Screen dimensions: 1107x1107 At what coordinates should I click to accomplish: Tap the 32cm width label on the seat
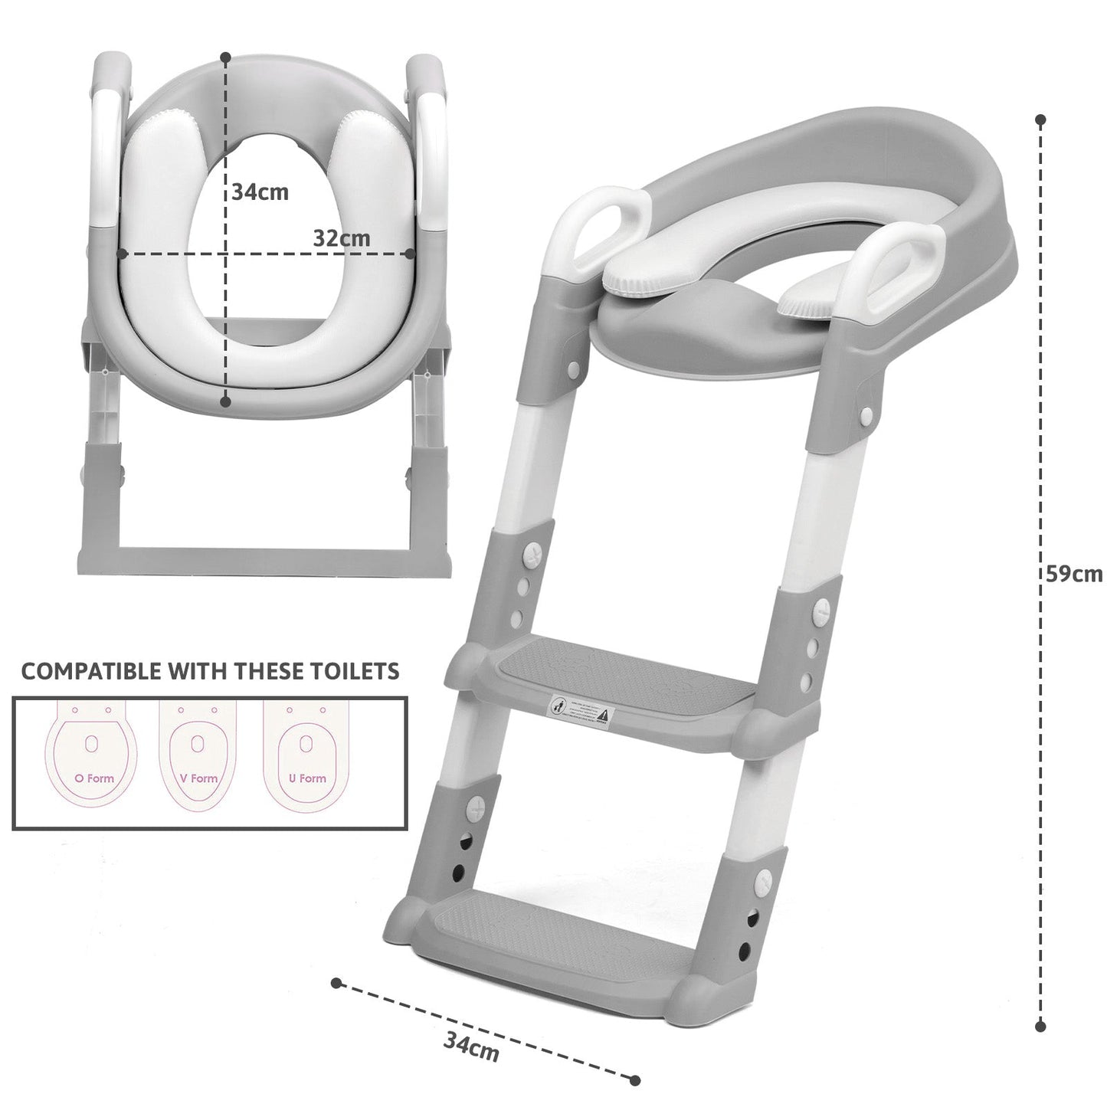(x=341, y=238)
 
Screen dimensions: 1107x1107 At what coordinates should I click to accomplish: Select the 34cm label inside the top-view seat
(x=260, y=191)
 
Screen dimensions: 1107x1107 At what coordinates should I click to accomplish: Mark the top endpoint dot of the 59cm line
(x=1040, y=120)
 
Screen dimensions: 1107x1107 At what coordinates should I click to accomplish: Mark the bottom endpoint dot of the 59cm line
(x=1040, y=1025)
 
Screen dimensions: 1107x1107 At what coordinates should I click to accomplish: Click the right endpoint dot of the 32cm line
(x=410, y=253)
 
